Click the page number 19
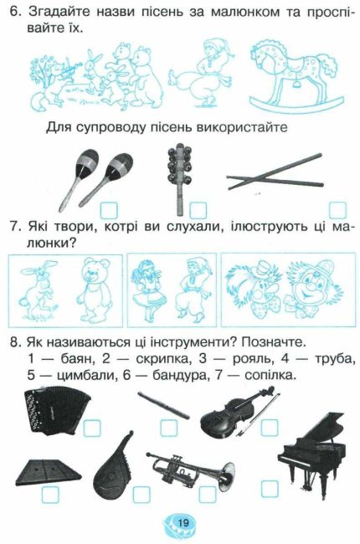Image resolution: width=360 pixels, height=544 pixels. click(x=183, y=522)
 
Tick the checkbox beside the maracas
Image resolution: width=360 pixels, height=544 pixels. click(x=109, y=210)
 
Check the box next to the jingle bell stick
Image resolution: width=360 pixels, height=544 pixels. click(x=198, y=211)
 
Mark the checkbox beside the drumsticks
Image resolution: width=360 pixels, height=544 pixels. click(x=337, y=210)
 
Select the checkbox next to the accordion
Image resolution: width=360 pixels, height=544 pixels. click(x=92, y=428)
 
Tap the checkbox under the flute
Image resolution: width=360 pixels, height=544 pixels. click(x=169, y=428)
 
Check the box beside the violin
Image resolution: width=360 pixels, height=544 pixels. click(x=270, y=427)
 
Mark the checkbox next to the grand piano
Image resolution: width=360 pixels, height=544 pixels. click(x=270, y=489)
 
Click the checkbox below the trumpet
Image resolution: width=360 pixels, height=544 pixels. click(x=208, y=495)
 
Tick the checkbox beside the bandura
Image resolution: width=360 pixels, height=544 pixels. click(x=141, y=495)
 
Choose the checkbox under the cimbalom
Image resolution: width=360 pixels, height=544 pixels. click(x=50, y=495)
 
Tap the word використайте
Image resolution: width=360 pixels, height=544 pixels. click(x=242, y=127)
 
